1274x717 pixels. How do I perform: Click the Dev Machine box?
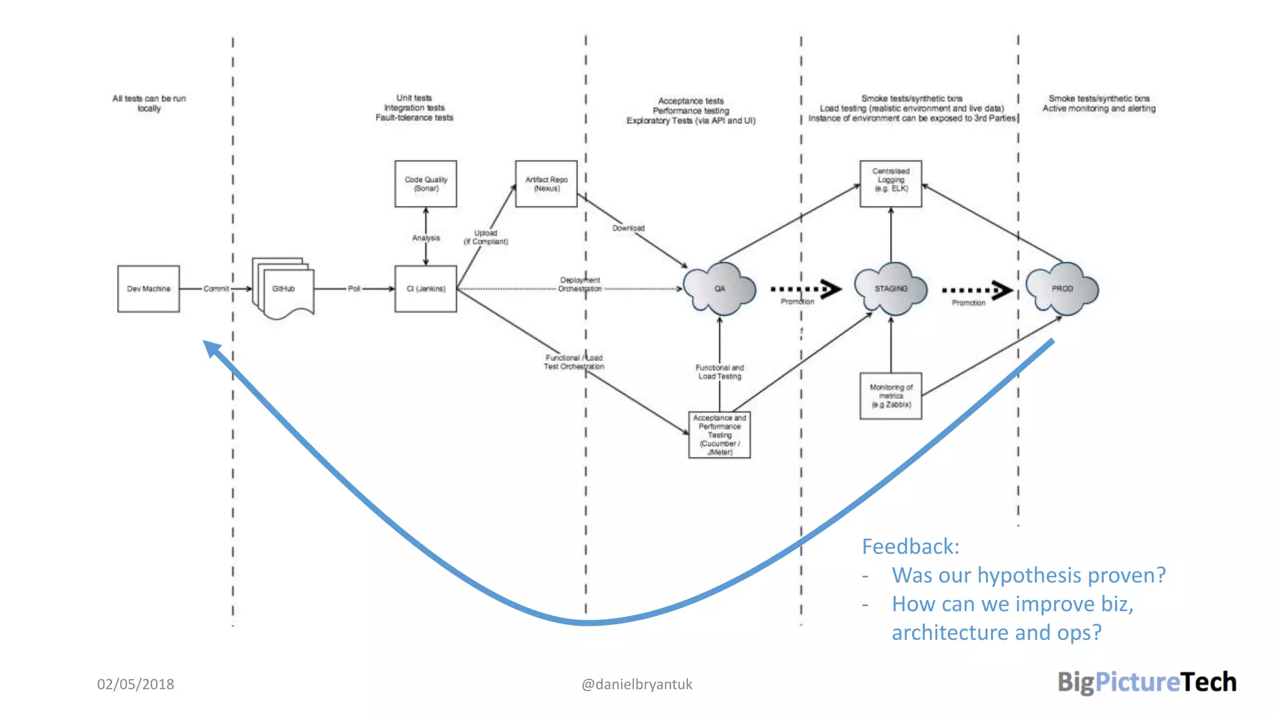coord(148,289)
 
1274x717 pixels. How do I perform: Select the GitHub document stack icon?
coord(284,289)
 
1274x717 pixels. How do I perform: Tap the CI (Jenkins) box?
coord(425,289)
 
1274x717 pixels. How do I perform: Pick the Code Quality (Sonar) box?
coord(425,184)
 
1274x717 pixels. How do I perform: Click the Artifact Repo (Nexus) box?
coord(546,184)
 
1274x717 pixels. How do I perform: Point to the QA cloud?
coord(720,289)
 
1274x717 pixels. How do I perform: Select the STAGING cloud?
coord(891,289)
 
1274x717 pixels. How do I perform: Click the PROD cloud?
coord(1062,289)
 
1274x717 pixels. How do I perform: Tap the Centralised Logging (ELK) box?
coord(891,184)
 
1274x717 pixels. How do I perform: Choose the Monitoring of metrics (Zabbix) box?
coord(891,396)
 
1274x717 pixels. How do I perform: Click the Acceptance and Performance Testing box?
coord(719,435)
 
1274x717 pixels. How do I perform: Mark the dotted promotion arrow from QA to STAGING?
coord(806,289)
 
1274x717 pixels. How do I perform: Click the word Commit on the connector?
coord(216,289)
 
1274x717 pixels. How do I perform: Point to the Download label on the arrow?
coord(628,228)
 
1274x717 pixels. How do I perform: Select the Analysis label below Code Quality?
coord(425,238)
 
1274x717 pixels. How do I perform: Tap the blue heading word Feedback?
coord(910,546)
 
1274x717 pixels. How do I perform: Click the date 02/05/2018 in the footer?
coord(136,684)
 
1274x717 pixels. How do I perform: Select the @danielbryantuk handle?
coord(636,684)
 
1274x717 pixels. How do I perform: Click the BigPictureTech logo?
coord(1146,682)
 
